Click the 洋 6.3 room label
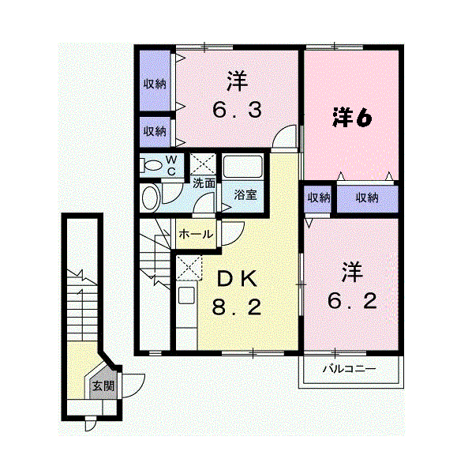(238, 94)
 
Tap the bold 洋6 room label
(352, 118)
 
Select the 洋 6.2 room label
(352, 286)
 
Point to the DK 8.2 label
(237, 293)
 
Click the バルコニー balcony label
(349, 369)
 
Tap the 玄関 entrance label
(103, 386)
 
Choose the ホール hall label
(196, 234)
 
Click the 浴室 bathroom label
(245, 194)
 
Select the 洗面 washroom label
(204, 183)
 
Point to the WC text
(171, 165)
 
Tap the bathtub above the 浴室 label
(242, 167)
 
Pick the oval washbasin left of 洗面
(150, 198)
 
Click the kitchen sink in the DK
(186, 295)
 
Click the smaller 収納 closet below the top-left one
(155, 132)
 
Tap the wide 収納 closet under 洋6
(367, 198)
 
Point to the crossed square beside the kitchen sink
(189, 268)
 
